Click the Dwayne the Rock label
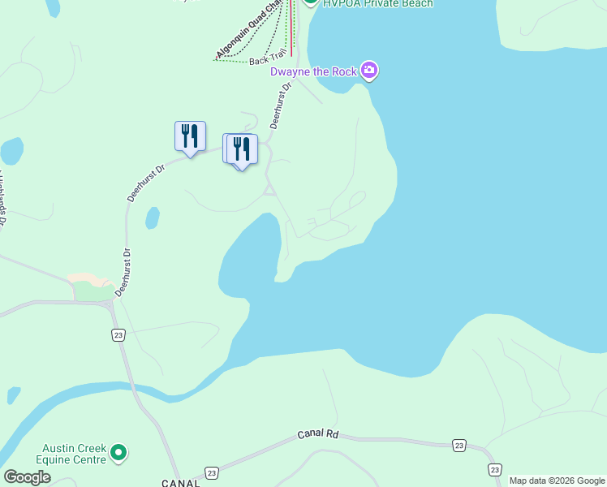(313, 71)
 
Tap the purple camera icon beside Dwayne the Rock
(370, 71)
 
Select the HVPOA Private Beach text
(378, 3)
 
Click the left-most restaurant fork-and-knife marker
(190, 136)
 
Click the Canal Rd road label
(317, 434)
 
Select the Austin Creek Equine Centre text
(75, 455)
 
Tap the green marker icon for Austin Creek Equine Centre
(119, 452)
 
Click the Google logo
(27, 477)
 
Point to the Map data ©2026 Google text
(556, 481)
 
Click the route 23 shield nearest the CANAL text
(212, 472)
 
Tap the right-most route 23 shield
(494, 469)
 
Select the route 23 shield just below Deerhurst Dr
(118, 334)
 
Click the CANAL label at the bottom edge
(180, 483)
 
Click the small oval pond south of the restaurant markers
(152, 218)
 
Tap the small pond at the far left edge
(11, 151)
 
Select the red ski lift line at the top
(291, 24)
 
